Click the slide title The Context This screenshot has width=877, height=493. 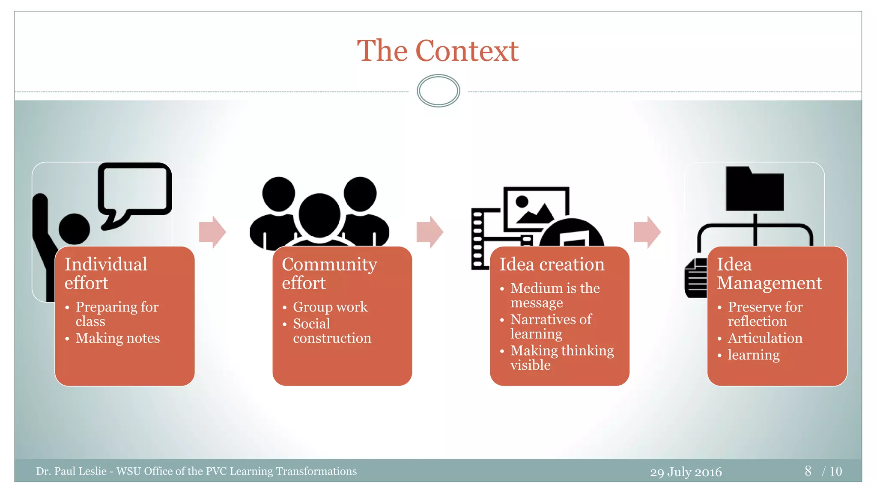[438, 51]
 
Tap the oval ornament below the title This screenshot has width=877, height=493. [438, 91]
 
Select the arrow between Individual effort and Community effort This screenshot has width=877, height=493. [212, 232]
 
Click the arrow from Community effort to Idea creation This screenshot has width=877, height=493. [430, 232]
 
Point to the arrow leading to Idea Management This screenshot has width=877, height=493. [647, 232]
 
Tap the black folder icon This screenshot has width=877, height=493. [755, 190]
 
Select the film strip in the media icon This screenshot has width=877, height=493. [478, 240]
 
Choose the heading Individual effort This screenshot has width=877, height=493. [106, 273]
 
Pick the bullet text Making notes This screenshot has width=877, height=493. [117, 338]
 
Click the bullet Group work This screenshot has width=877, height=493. [330, 307]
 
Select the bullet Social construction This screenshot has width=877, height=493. [331, 331]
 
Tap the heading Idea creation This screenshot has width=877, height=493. [552, 264]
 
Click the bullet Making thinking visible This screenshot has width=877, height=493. [562, 357]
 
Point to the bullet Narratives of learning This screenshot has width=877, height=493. [551, 326]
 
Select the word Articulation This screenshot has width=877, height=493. [765, 338]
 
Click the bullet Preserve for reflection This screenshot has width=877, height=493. [765, 314]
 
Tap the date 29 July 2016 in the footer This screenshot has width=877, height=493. [686, 472]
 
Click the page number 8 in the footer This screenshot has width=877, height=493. [808, 471]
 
